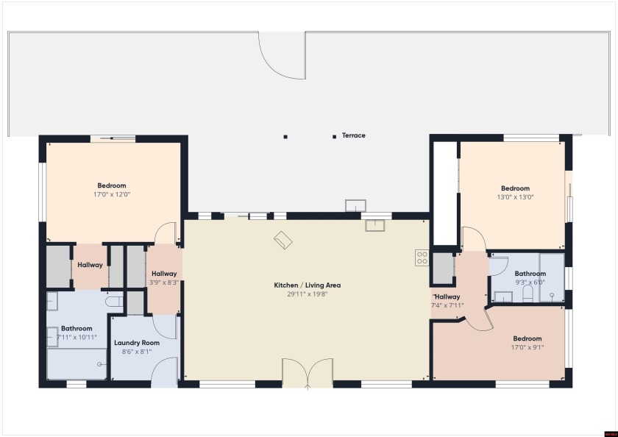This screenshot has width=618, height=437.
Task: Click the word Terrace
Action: click(x=353, y=135)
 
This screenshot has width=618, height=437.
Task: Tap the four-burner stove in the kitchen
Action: click(x=422, y=257)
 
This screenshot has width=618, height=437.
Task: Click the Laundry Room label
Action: click(x=137, y=343)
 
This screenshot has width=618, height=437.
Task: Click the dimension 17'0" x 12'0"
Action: click(x=112, y=194)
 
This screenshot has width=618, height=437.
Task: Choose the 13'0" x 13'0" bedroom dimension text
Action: click(x=515, y=196)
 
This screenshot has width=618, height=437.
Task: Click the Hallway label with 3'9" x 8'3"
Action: click(x=164, y=274)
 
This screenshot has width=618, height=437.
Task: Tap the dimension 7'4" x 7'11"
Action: click(x=447, y=305)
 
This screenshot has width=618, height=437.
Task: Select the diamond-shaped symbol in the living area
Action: click(x=283, y=240)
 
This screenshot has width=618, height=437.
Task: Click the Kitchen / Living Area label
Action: click(x=307, y=285)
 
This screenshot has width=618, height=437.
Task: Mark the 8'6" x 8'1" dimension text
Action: click(x=137, y=352)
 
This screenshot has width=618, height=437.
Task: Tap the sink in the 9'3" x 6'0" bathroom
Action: click(x=503, y=296)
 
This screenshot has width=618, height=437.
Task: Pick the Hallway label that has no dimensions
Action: click(x=90, y=265)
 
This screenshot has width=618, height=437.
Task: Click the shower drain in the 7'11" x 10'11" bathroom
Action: click(x=100, y=363)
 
